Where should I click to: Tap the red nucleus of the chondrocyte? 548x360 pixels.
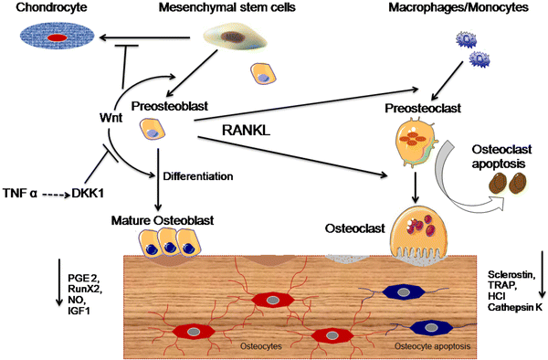57,38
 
